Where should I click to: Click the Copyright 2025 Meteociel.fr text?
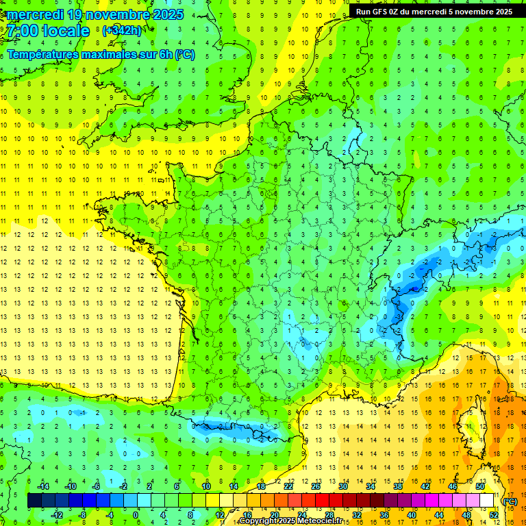(x=290, y=521)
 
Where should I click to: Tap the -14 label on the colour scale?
(x=43, y=486)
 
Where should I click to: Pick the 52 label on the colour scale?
(x=494, y=515)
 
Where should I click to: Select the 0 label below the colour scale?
(x=136, y=515)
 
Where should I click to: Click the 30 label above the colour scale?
(x=342, y=486)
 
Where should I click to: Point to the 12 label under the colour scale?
(x=220, y=515)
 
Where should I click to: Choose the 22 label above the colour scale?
(x=289, y=486)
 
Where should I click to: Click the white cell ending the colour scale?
(x=487, y=501)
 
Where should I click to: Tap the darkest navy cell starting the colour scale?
(x=34, y=501)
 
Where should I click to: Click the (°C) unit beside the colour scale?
(x=510, y=501)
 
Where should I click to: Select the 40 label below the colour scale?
(x=412, y=515)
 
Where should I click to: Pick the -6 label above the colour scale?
(x=97, y=486)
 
